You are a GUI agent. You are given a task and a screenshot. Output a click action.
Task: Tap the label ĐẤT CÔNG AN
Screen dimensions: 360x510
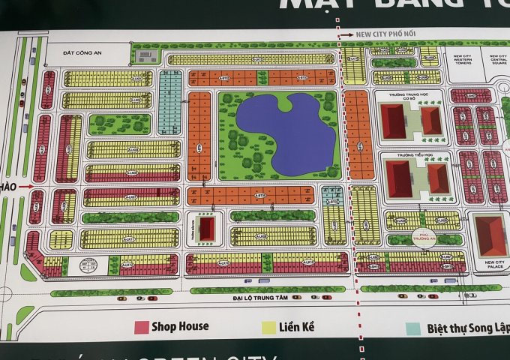pos(81,53)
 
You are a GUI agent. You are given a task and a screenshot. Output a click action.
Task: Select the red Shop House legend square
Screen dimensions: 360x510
pos(140,326)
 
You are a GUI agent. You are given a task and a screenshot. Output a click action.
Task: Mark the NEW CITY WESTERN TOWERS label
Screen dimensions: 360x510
pos(461,59)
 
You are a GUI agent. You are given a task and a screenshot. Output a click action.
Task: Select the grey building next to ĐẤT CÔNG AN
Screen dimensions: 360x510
pos(148,55)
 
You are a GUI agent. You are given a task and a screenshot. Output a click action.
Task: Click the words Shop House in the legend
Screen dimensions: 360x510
pos(180,326)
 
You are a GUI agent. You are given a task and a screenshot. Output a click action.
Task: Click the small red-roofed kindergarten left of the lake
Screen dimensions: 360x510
pos(208,228)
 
